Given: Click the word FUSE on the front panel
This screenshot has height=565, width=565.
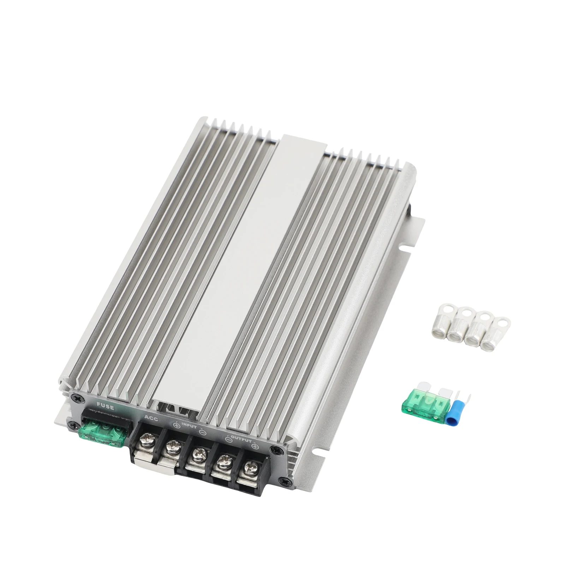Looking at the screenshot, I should tap(105, 407).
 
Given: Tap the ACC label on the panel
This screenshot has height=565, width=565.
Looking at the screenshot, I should tap(151, 419).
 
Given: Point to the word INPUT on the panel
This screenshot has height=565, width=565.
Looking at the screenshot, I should tap(189, 426).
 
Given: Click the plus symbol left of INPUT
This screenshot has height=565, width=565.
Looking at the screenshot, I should tap(176, 425).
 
